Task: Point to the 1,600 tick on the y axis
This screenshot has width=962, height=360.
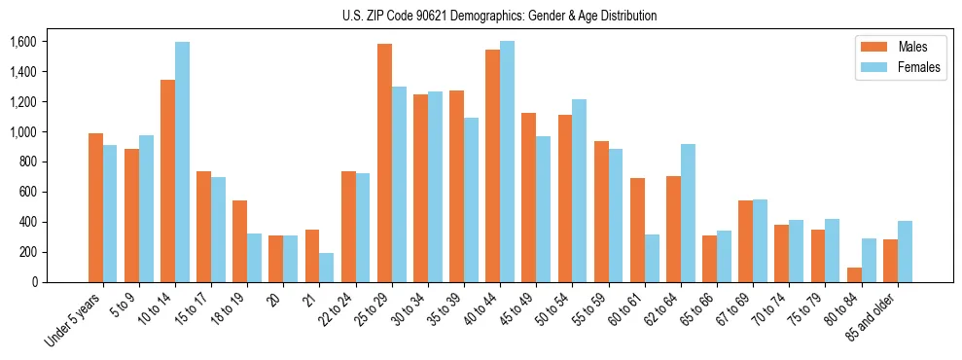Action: pos(22,42)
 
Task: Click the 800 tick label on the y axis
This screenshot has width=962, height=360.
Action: pos(26,162)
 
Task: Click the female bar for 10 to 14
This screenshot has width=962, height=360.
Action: pos(183,162)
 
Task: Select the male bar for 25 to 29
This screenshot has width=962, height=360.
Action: pos(384,163)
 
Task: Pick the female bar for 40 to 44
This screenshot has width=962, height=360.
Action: pos(508,162)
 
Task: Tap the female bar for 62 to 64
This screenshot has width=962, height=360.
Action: pos(689,213)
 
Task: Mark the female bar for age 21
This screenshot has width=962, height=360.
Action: pos(327,268)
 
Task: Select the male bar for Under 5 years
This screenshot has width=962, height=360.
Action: pos(95,208)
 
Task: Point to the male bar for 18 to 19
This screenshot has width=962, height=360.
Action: pos(240,241)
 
